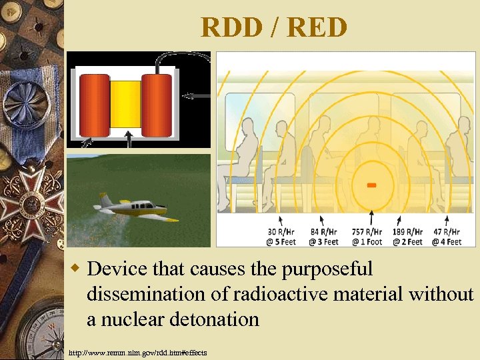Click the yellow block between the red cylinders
point(126,104)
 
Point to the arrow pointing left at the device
point(196,96)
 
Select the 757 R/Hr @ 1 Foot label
point(371,237)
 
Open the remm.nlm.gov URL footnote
point(137,352)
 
